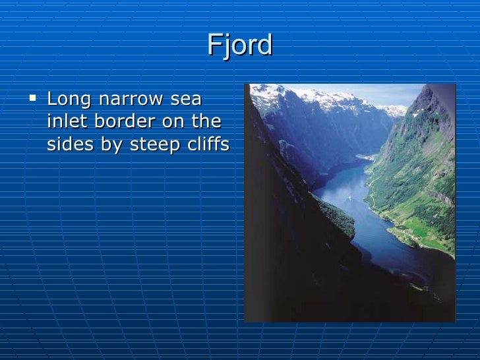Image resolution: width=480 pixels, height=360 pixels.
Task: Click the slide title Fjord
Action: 239,45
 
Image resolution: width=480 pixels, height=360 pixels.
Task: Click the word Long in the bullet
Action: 69,100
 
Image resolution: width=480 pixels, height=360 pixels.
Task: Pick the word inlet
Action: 67,123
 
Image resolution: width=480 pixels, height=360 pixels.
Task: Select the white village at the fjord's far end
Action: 364,157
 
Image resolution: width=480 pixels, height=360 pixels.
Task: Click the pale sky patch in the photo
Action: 389,94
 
